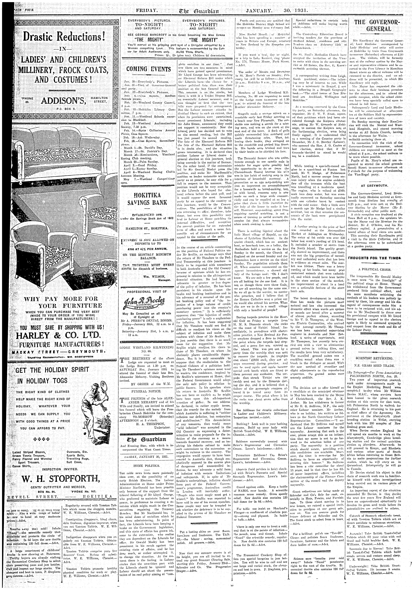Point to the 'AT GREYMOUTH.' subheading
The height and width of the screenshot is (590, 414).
coord(373,185)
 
